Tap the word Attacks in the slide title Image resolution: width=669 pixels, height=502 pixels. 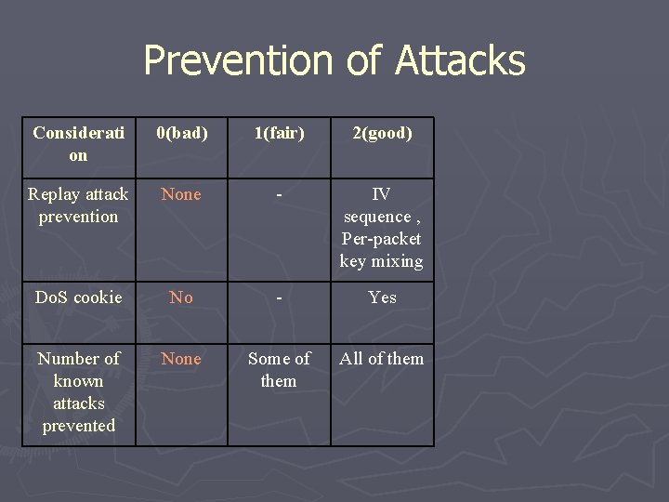[460, 61]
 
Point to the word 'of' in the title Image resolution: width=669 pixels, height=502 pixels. [365, 61]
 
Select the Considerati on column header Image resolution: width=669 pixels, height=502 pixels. [78, 144]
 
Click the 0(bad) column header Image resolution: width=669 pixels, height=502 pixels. [181, 133]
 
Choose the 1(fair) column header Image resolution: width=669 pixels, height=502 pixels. [279, 133]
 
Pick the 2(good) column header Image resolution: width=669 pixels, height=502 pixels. [381, 133]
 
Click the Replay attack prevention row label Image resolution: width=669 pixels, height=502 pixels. [78, 205]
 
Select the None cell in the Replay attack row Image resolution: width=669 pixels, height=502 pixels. [181, 194]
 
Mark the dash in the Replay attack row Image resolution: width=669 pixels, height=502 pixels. [279, 195]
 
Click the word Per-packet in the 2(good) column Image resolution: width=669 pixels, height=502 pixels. [381, 239]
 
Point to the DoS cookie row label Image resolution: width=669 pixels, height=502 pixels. [78, 297]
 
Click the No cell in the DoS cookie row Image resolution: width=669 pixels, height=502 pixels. [181, 297]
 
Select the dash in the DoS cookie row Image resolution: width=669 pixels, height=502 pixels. [279, 297]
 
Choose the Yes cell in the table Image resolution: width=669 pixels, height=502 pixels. [381, 297]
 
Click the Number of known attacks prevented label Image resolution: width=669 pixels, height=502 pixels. [78, 392]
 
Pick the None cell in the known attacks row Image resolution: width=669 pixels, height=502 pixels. [181, 359]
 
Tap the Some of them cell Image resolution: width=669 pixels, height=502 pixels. [279, 370]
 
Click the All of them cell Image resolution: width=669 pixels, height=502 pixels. [381, 359]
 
